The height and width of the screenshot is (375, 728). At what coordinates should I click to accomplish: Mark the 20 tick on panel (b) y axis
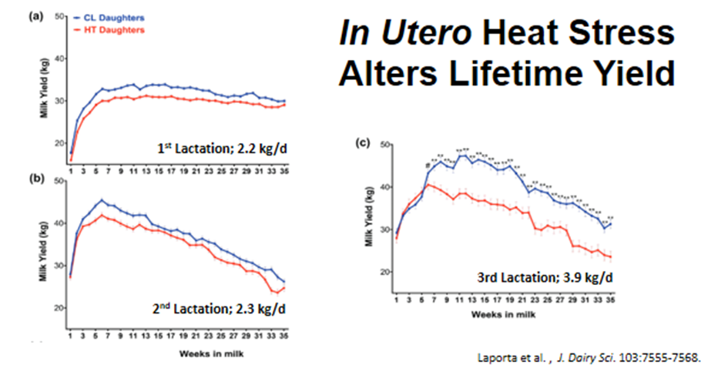[59, 308]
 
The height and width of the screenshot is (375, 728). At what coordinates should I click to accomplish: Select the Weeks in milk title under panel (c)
[504, 314]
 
